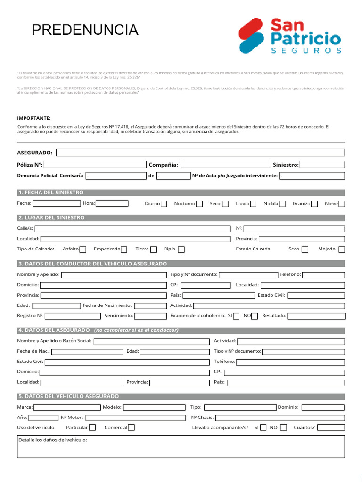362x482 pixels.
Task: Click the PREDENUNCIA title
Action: [85, 30]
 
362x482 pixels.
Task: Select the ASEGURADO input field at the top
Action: [200, 153]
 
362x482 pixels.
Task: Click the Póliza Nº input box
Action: [95, 164]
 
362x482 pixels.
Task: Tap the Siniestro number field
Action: [322, 164]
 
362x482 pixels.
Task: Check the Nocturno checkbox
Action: [199, 204]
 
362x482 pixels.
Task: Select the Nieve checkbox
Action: [342, 204]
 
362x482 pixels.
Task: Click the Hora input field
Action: [112, 203]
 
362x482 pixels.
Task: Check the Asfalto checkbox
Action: [83, 249]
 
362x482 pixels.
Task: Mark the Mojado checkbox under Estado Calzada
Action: [342, 249]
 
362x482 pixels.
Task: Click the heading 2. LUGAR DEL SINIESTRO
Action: [51, 218]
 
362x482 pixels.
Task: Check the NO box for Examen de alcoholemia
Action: [255, 316]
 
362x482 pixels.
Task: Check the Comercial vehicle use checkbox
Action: [132, 427]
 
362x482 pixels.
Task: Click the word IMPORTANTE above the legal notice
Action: [33, 118]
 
